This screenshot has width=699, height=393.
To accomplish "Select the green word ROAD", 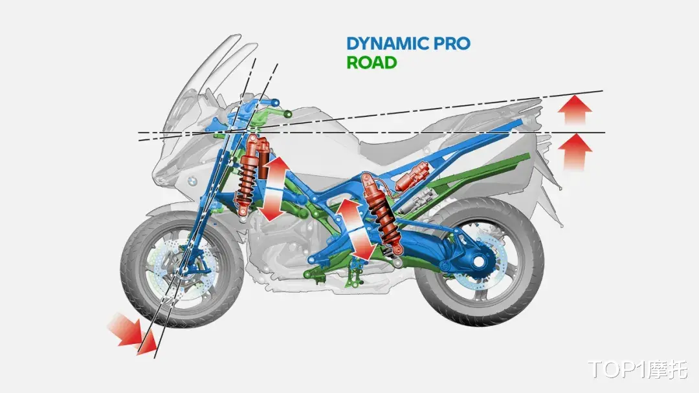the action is click(x=372, y=62).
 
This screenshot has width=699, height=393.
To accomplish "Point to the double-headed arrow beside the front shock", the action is click(x=274, y=189).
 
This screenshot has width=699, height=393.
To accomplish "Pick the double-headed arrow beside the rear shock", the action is click(x=355, y=229).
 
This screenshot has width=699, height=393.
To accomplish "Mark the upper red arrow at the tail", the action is click(x=575, y=109).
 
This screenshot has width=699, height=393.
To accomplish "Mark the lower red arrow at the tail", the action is click(x=576, y=152).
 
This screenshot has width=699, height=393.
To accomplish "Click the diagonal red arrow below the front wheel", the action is click(x=133, y=334).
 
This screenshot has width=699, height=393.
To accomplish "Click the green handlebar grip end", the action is click(x=287, y=114).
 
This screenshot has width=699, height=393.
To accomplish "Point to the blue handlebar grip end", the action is click(x=276, y=103).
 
